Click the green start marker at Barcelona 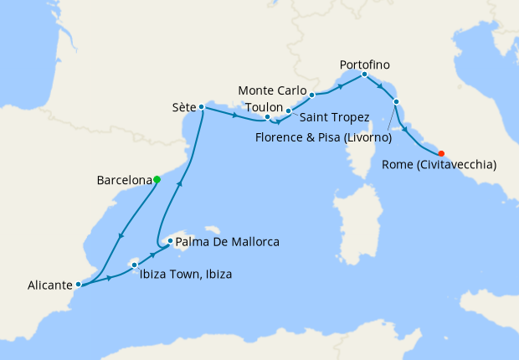(157, 179)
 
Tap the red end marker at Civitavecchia (441, 153)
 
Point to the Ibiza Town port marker (134, 265)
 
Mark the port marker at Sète (202, 107)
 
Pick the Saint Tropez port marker (288, 111)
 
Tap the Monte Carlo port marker (311, 95)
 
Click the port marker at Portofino (364, 75)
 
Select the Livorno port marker (396, 102)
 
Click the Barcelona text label (124, 180)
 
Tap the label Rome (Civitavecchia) (439, 166)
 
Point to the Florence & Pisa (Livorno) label (323, 137)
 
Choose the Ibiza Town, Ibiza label (185, 275)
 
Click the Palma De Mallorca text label (228, 243)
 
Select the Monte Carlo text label (270, 90)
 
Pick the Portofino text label (365, 64)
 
